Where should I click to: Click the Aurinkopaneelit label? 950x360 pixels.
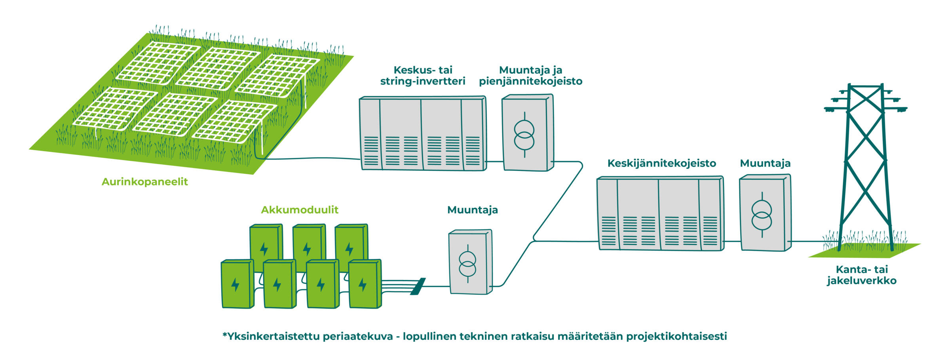144,182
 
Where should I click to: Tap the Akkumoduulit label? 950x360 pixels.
300,210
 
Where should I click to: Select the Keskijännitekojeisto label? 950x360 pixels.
662,164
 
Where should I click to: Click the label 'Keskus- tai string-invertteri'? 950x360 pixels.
423,76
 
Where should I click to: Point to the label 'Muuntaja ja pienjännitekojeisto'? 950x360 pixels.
531,76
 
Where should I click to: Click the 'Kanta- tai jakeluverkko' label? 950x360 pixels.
862,275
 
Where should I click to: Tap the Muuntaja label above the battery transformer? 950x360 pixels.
473,210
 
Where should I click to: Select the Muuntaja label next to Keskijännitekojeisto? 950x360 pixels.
765,164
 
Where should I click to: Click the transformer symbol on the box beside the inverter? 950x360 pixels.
524,135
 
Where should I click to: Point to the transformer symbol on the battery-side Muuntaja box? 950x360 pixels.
468,264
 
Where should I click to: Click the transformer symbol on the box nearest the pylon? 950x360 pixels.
762,215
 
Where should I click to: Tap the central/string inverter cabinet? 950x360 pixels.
423,133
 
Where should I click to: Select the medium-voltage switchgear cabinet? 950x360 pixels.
660,213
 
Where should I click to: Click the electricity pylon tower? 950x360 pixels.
865,166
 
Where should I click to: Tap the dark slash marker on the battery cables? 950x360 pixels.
418,286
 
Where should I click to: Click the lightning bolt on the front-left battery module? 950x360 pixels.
235,284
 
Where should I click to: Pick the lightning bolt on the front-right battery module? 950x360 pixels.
363,284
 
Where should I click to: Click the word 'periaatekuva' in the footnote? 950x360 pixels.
357,337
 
